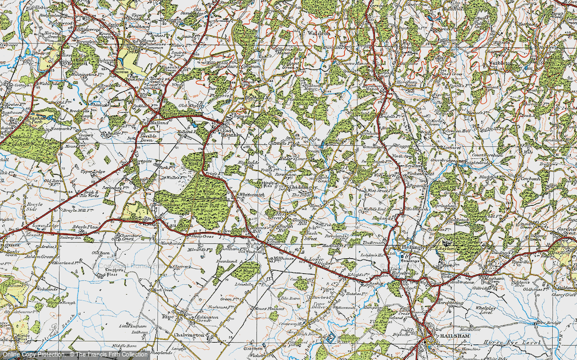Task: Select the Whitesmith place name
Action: click(252, 195)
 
